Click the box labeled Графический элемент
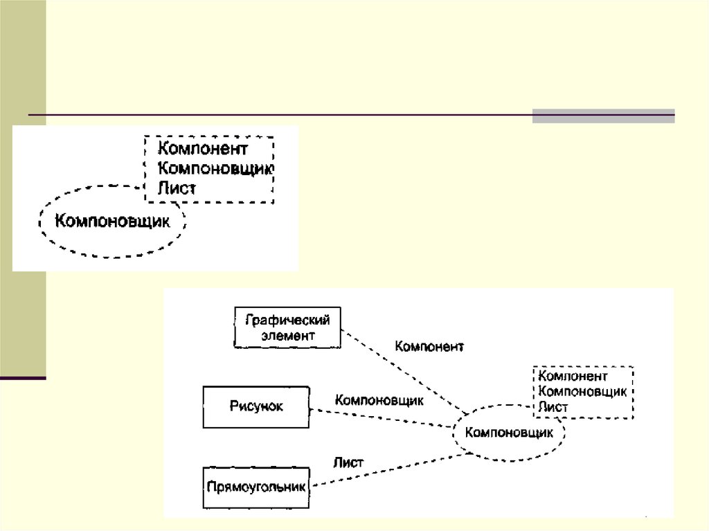[288, 327]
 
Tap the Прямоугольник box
[256, 487]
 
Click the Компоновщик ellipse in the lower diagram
[509, 434]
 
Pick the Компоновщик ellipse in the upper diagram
[112, 221]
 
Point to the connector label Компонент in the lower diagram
[429, 346]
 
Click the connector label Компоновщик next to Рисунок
[379, 400]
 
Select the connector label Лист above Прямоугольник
[348, 462]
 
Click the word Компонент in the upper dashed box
[202, 148]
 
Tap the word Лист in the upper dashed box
[177, 187]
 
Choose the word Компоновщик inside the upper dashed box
[216, 168]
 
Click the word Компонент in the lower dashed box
[573, 377]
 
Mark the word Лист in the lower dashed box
[553, 407]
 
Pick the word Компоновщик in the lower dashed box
[582, 392]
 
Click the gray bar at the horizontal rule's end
[603, 116]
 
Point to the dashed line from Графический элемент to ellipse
[402, 370]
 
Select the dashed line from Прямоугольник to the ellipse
[388, 470]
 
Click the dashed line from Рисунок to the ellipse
[381, 419]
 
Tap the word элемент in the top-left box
[288, 336]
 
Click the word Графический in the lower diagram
[288, 320]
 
